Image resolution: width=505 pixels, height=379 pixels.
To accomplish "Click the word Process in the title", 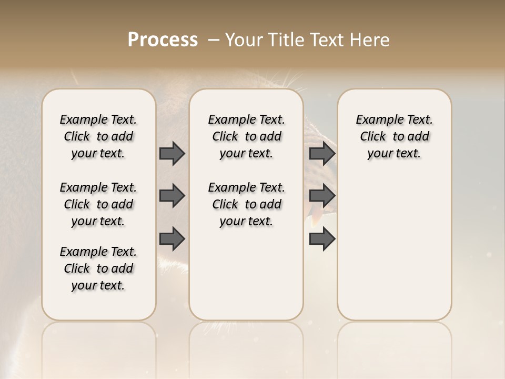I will tap(163, 40).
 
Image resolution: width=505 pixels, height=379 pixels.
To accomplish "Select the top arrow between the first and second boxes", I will tap(172, 153).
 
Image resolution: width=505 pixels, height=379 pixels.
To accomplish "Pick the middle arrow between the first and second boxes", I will tap(172, 196).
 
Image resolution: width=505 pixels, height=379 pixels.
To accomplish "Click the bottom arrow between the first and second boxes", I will tap(172, 238).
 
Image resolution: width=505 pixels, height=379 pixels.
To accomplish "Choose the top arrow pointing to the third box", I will tap(322, 153).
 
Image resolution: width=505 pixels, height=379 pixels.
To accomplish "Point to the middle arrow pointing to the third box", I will tap(322, 196).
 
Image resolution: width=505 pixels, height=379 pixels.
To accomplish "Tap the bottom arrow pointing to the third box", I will tap(322, 238).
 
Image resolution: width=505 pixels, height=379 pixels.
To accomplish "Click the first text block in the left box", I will tap(98, 136).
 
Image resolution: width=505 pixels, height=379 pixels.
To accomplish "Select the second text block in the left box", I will tap(98, 204).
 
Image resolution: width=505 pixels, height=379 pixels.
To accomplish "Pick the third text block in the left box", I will tap(98, 268).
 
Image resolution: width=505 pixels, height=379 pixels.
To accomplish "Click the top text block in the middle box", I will tap(246, 136).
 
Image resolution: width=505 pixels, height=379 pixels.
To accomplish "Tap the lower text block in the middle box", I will tap(246, 204).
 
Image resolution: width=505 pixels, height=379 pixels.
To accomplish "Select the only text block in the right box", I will tap(394, 136).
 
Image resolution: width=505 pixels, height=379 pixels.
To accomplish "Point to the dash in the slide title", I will tap(214, 40).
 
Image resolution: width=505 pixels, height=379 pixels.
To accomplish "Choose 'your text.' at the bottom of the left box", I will tap(98, 286).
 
